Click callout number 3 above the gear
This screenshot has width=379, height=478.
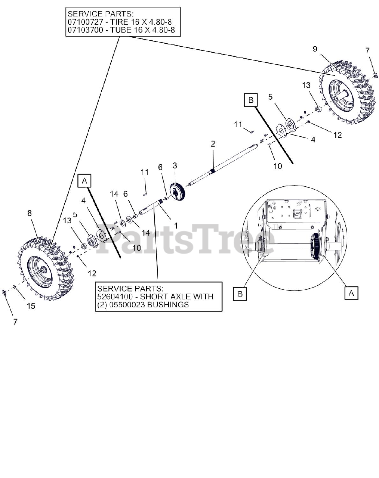(175, 165)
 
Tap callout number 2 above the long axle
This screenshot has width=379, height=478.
(213, 143)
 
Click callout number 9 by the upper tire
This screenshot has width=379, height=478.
(315, 49)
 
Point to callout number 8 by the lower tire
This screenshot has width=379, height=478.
(30, 213)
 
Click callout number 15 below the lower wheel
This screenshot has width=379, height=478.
(31, 306)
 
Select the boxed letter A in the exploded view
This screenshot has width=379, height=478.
(85, 181)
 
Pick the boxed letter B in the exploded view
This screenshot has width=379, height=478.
(251, 100)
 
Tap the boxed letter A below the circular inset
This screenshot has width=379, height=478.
(351, 293)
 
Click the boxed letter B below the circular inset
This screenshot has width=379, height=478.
(240, 294)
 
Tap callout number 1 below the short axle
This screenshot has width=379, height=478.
(175, 226)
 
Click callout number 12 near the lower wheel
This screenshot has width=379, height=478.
(92, 273)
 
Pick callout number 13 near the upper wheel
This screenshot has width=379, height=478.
(306, 86)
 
